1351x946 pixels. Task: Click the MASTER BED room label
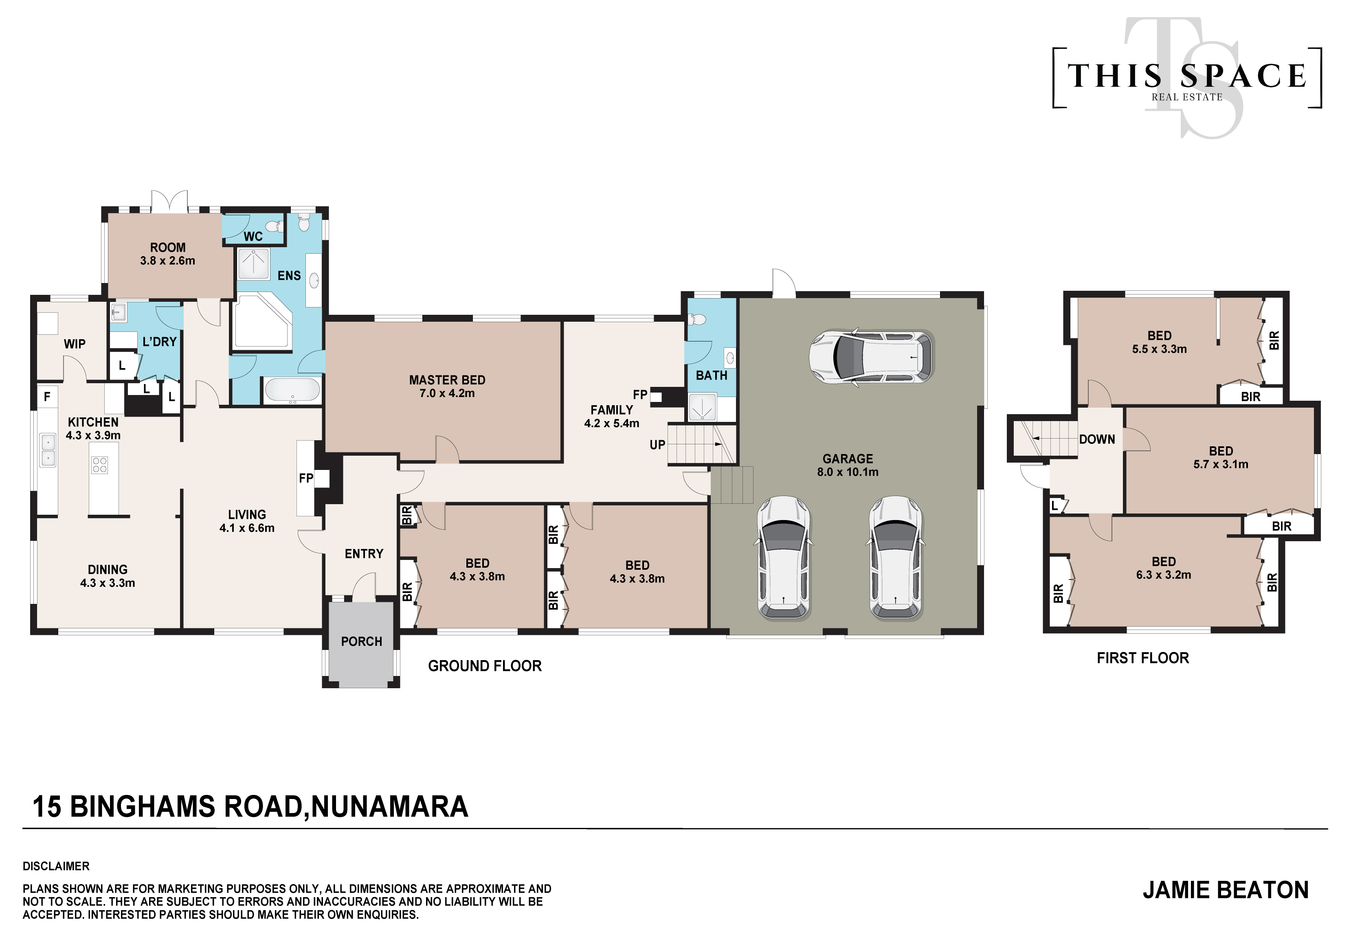447,380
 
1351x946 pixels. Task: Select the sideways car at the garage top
871,356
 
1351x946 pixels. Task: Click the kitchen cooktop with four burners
99,465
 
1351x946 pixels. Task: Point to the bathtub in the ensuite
292,389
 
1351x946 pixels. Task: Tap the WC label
253,237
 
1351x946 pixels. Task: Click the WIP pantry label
75,344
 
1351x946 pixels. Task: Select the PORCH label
361,641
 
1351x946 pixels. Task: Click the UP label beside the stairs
657,445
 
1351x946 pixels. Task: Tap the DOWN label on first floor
1097,439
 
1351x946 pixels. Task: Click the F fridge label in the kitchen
47,397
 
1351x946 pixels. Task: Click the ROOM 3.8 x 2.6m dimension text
168,261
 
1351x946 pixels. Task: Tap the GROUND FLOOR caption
485,666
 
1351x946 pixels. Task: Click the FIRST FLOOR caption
1143,658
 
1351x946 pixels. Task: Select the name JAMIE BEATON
1226,890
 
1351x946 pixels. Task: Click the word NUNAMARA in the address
389,807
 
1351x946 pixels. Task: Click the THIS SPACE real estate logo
1187,78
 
